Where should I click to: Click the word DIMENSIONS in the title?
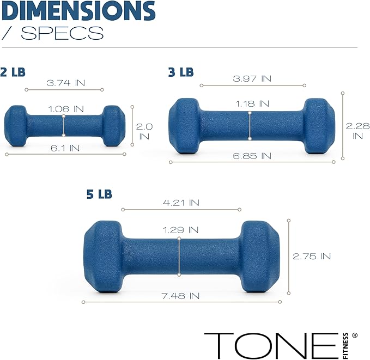click(x=78, y=11)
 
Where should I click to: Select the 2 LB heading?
click(x=13, y=71)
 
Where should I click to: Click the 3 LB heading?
click(x=181, y=71)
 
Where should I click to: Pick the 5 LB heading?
click(x=99, y=194)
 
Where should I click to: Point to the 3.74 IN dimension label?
click(x=66, y=83)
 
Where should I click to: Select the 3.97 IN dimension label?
click(x=252, y=78)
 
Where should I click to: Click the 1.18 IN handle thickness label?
click(x=252, y=103)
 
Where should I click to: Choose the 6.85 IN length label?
click(x=252, y=156)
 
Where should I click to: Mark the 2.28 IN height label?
click(x=357, y=131)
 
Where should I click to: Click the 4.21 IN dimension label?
click(x=181, y=203)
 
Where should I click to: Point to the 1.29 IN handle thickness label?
click(x=180, y=230)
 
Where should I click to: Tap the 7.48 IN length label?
click(x=180, y=296)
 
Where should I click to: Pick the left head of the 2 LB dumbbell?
click(x=15, y=126)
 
